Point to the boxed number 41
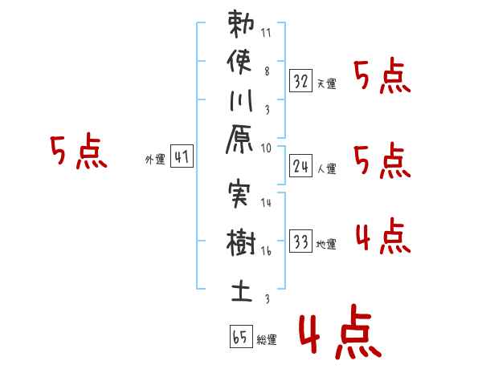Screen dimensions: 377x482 pos(181,157)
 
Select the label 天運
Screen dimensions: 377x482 pos(326,83)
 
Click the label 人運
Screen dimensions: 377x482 pos(326,168)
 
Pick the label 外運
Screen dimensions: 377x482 pos(155,160)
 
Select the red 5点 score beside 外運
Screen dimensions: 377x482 pos(78,152)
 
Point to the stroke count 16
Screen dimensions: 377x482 pos(266,251)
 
